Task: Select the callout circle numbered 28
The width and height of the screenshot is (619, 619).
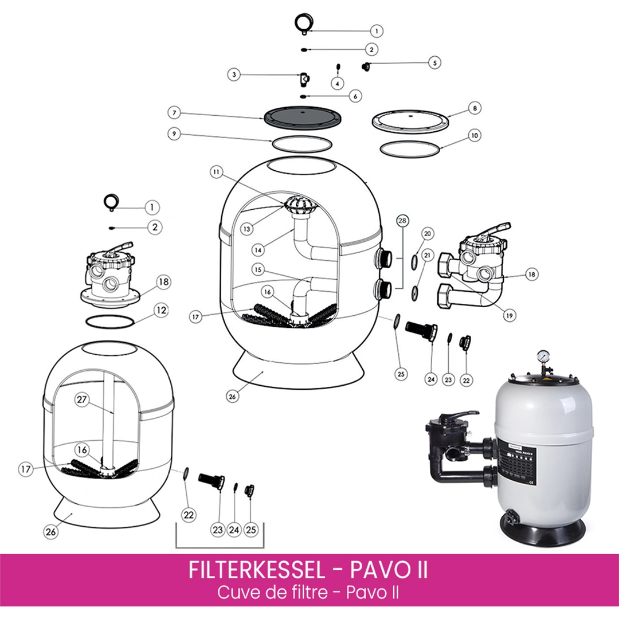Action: [401, 221]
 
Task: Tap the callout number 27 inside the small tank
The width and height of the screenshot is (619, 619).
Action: [81, 401]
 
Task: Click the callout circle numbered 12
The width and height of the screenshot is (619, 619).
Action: [162, 311]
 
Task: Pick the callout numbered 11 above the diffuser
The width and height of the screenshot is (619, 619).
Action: [216, 172]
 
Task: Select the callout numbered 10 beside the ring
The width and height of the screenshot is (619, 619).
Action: [474, 136]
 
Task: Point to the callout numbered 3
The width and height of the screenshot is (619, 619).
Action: [233, 74]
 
